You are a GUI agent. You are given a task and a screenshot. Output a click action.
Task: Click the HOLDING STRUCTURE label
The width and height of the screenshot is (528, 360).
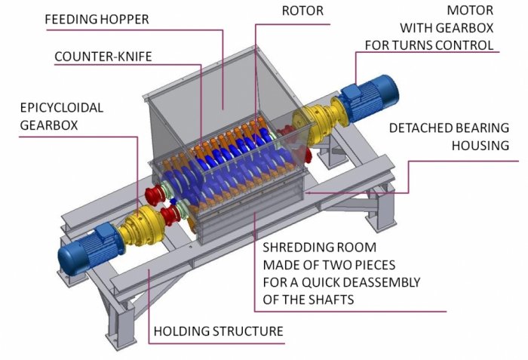pos(218,331)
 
